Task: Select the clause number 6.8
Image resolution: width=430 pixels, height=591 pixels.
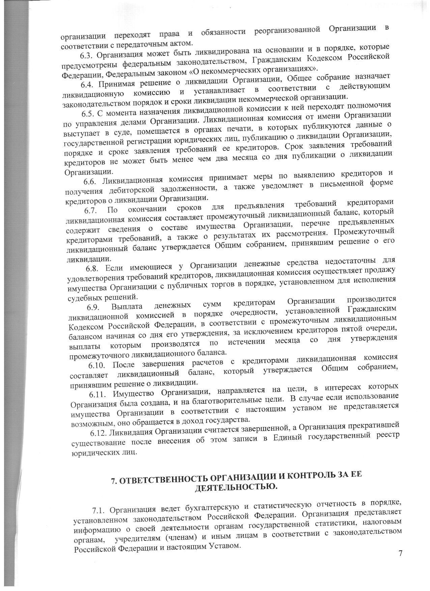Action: [93, 268]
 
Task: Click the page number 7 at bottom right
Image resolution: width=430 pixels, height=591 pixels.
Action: [400, 553]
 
